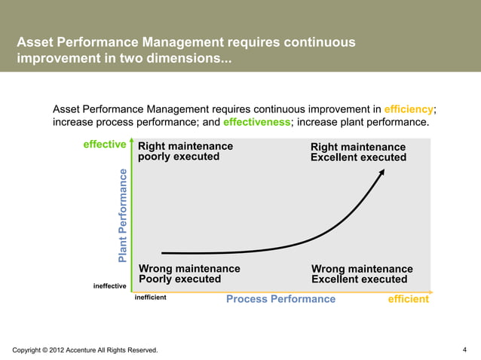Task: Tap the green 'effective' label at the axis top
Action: [x=103, y=145]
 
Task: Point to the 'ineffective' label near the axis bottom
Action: [x=109, y=285]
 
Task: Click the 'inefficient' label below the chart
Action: [x=150, y=298]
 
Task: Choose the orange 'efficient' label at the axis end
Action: [x=408, y=299]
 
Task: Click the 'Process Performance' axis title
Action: [x=280, y=299]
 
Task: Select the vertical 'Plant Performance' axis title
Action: [x=123, y=215]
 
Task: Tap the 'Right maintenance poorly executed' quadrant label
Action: [x=185, y=151]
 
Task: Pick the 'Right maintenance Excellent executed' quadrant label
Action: [x=358, y=152]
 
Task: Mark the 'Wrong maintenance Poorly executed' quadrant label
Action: [x=189, y=273]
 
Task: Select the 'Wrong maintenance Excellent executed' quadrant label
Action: [x=362, y=274]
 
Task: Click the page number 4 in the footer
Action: [x=464, y=349]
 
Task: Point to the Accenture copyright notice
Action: [x=85, y=350]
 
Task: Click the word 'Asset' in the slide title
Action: [x=35, y=42]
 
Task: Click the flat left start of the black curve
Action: [x=166, y=253]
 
